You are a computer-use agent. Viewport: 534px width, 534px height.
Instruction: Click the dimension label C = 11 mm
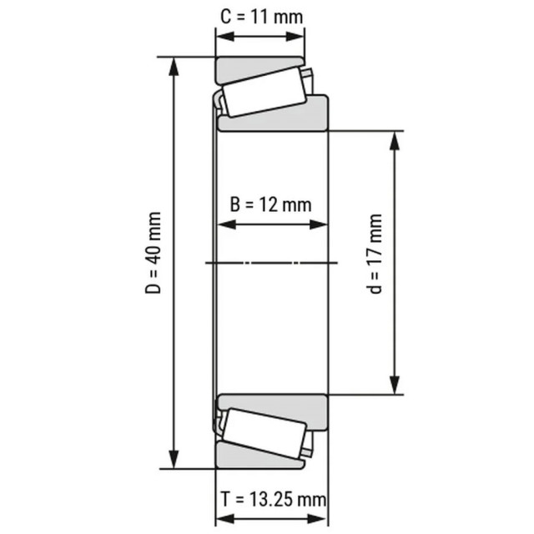tap(259, 16)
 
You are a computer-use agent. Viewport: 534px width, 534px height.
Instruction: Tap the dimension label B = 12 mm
tap(270, 204)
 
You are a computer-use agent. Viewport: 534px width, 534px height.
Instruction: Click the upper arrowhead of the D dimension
tap(175, 64)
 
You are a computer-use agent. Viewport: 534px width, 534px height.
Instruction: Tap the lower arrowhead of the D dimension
tap(175, 461)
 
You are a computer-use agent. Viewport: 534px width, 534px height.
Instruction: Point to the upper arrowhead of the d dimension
tap(393, 139)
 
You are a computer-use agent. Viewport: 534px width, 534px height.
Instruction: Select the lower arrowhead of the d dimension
tap(393, 386)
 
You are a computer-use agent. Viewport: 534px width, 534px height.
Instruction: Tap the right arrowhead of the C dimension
tap(297, 37)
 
